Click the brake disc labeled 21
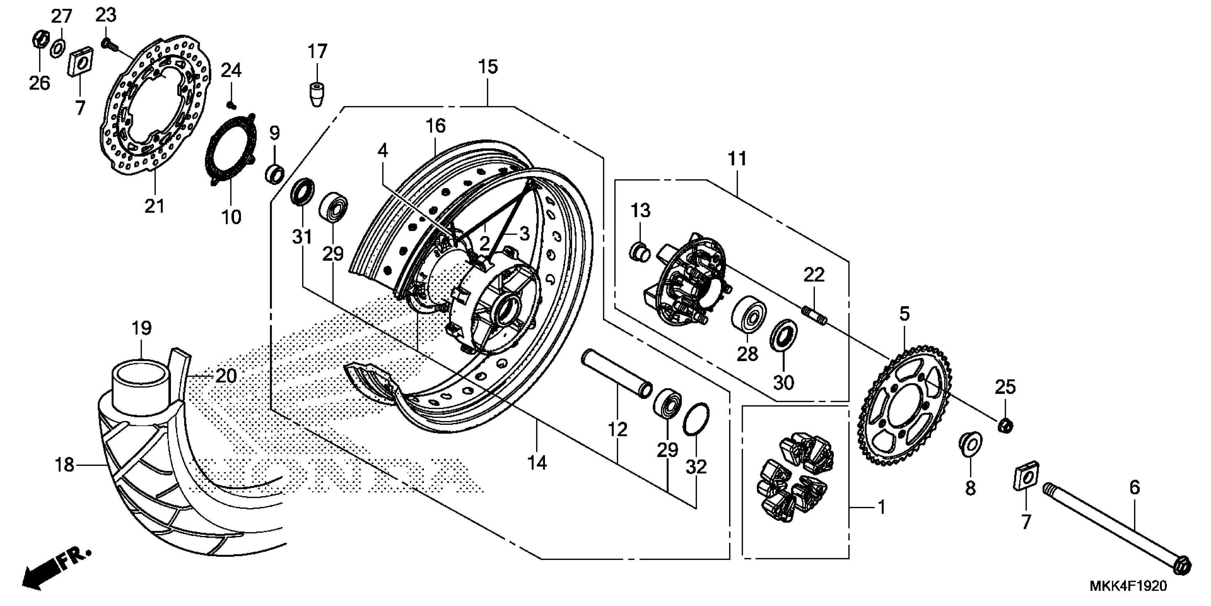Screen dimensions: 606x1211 point(113,141)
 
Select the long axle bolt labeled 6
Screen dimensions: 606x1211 point(1114,536)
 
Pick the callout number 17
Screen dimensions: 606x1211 point(317,51)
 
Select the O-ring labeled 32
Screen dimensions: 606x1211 point(696,419)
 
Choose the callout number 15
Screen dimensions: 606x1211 point(488,67)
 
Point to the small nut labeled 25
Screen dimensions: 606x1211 point(1005,426)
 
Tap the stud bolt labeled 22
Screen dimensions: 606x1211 point(814,315)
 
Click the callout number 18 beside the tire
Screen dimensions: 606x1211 point(65,465)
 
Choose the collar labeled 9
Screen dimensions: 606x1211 point(275,173)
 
